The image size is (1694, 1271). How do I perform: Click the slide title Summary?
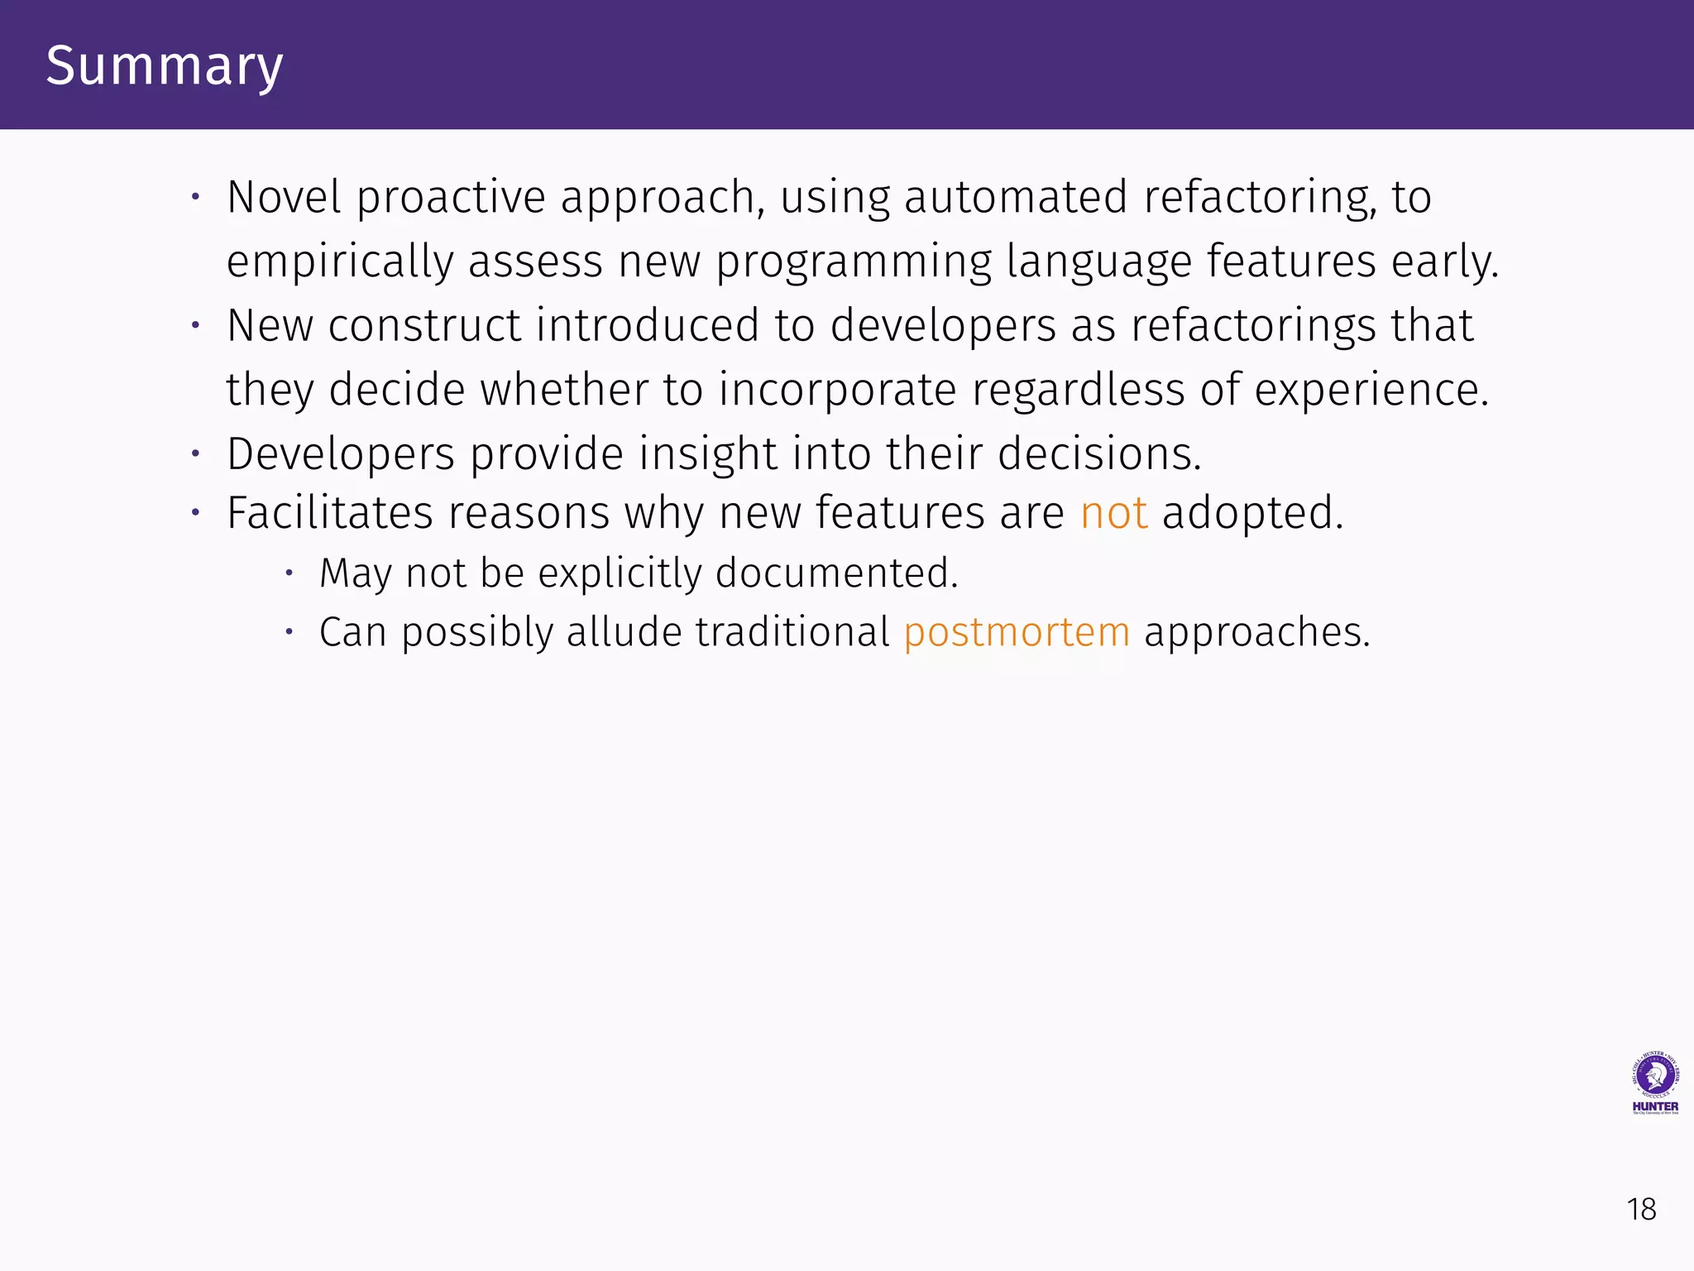165,66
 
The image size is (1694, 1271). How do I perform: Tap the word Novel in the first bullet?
284,197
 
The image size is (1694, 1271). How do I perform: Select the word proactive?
451,197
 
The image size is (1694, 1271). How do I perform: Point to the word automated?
1016,197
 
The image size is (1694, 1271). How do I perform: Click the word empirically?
339,261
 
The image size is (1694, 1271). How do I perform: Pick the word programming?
853,261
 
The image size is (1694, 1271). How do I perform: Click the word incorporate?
837,390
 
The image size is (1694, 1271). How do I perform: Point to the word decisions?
1099,453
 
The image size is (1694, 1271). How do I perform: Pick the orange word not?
1113,513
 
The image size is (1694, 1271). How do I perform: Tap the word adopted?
1252,513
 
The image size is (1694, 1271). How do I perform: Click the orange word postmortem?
1017,632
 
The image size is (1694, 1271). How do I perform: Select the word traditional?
792,632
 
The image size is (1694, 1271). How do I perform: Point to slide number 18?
1642,1210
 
